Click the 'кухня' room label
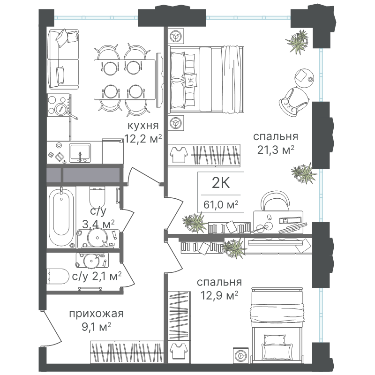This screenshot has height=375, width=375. [x=143, y=125]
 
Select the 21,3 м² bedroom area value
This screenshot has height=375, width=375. [x=276, y=150]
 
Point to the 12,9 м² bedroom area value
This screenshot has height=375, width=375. [x=219, y=296]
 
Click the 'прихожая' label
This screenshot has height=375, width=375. [x=96, y=314]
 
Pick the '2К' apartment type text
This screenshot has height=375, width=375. [x=221, y=183]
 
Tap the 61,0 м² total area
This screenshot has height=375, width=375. [x=221, y=204]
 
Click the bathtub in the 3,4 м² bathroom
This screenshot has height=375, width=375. [x=61, y=217]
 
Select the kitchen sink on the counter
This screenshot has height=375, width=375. [x=80, y=152]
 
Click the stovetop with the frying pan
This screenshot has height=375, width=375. [x=59, y=105]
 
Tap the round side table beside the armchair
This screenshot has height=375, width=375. [x=304, y=77]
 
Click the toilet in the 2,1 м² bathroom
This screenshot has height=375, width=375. [x=57, y=276]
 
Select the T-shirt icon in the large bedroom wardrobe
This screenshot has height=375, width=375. [x=179, y=155]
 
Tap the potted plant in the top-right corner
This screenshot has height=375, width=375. [x=297, y=41]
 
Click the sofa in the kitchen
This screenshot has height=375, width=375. [x=63, y=59]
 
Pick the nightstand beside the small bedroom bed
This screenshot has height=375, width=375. [x=241, y=355]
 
